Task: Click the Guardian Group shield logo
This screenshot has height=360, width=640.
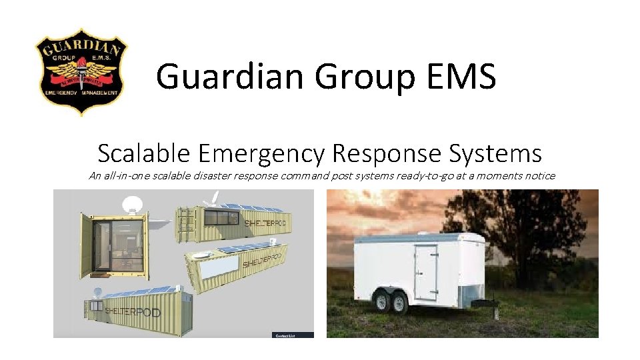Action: (81, 72)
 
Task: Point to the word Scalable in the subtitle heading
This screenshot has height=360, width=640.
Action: (143, 154)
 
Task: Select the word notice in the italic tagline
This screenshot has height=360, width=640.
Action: (537, 176)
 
